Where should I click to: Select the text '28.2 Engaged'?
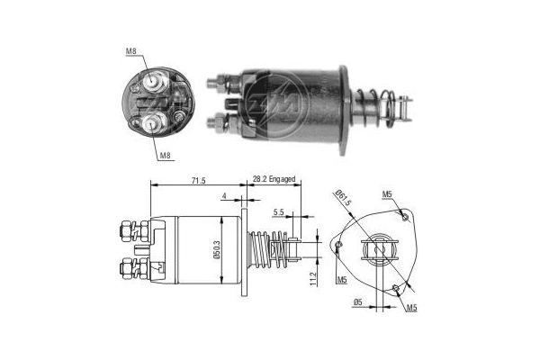coord(274,180)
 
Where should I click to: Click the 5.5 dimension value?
coord(279,211)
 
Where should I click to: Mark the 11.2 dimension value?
coord(313,281)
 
